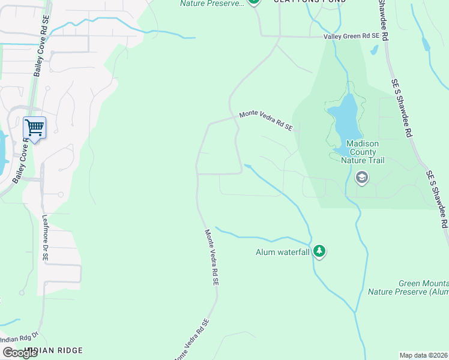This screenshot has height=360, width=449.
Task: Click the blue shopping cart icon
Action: pyautogui.click(x=34, y=127)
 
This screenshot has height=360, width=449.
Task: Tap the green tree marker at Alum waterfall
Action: pyautogui.click(x=319, y=251)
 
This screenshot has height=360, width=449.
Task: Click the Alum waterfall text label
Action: pyautogui.click(x=282, y=252)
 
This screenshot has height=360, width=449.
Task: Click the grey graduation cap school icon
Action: pyautogui.click(x=361, y=177)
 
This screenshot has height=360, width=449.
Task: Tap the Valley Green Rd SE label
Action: pyautogui.click(x=352, y=37)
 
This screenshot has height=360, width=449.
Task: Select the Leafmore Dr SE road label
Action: pyautogui.click(x=44, y=238)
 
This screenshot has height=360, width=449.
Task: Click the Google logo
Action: pyautogui.click(x=20, y=353)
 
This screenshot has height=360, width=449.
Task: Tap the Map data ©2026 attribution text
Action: pyautogui.click(x=424, y=355)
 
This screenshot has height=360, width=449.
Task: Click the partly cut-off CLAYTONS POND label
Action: pyautogui.click(x=310, y=2)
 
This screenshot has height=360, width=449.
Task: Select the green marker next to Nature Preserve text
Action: pyautogui.click(x=254, y=2)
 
